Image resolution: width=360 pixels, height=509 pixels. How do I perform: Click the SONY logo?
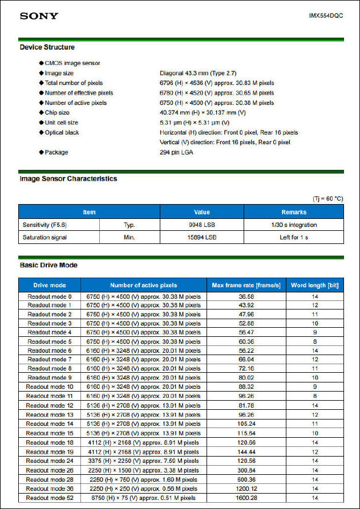39,15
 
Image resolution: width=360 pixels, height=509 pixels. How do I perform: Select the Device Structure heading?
47,47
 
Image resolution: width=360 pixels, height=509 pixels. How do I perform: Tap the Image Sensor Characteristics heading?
68,178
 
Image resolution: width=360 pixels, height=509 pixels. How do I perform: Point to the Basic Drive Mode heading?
48,266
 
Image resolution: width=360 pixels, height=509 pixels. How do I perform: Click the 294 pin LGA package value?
176,153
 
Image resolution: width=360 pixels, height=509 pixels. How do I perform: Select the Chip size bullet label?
57,113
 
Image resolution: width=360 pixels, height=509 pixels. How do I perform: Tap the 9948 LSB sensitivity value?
202,225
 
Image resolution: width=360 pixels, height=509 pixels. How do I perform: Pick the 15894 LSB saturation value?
202,237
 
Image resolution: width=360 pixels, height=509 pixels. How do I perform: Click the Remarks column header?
294,212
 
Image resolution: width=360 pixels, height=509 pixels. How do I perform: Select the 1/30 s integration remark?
294,225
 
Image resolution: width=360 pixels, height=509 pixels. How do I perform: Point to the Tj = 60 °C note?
327,198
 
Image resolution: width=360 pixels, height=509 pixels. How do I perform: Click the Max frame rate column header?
246,285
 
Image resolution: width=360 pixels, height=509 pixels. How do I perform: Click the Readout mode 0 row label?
50,296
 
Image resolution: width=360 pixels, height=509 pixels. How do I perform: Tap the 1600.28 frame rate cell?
246,498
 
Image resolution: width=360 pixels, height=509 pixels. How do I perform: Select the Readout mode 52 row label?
50,498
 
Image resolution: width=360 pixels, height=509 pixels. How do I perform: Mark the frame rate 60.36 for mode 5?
246,341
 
